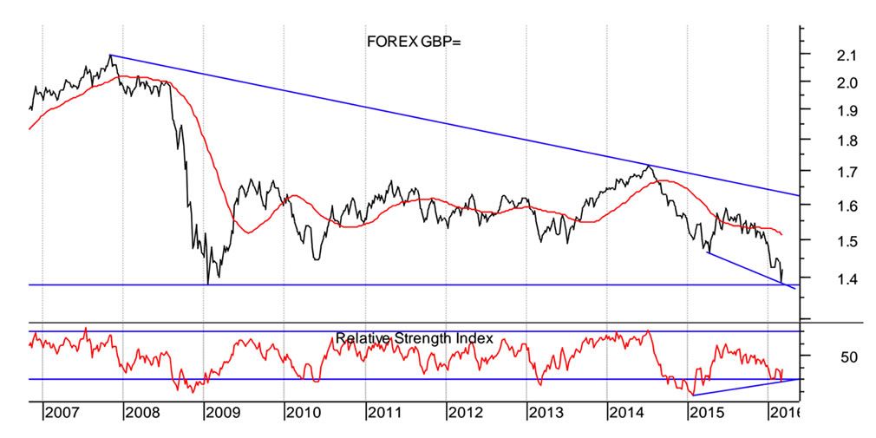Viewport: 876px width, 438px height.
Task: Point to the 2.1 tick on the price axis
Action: tap(823, 56)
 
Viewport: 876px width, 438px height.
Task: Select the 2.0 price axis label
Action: tap(823, 83)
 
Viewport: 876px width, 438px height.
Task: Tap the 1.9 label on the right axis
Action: tap(823, 111)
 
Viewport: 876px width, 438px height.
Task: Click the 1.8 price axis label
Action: tap(823, 141)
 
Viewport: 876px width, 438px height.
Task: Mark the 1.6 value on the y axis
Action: tap(823, 206)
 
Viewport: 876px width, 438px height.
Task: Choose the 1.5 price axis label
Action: tap(823, 241)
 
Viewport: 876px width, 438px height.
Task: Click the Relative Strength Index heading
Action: tap(414, 338)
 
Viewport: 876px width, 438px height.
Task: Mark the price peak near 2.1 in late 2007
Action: tap(110, 56)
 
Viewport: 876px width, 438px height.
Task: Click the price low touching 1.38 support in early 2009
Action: tap(208, 282)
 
